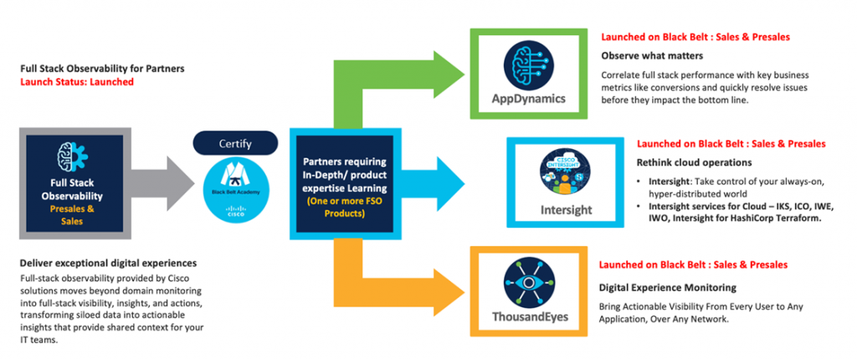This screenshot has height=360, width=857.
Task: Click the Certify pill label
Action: [234, 144]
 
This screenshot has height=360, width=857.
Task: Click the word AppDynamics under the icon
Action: [528, 100]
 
